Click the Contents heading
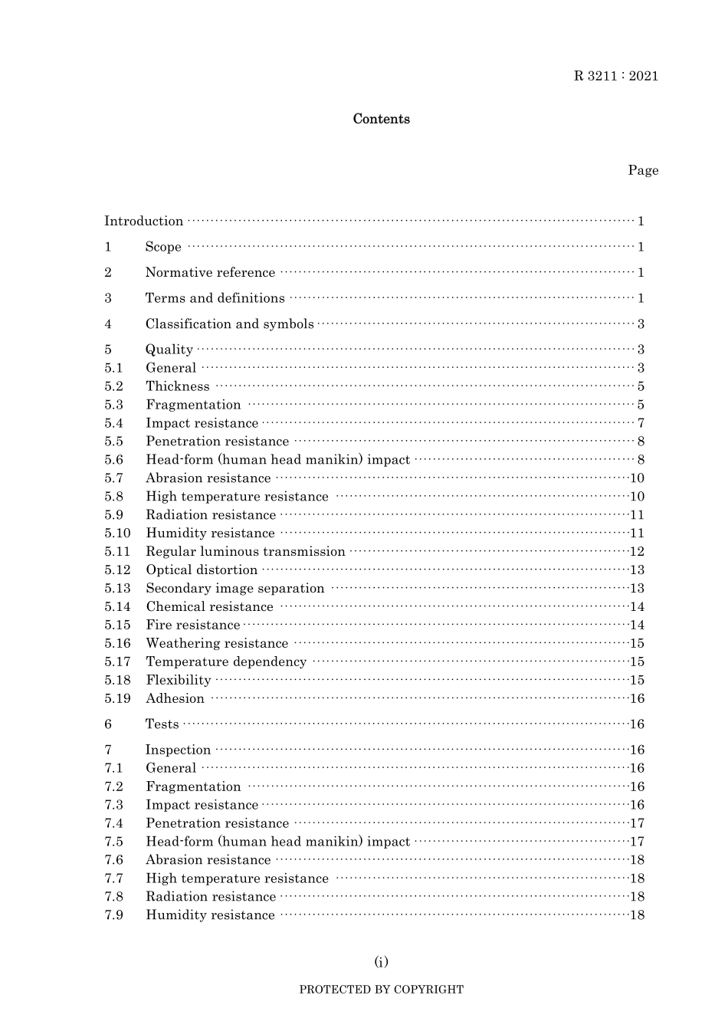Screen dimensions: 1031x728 [x=381, y=119]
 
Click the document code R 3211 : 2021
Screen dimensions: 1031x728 [x=616, y=76]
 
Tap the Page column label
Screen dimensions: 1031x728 [x=643, y=170]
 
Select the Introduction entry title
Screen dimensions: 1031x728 [x=144, y=222]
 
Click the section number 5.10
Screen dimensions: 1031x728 [x=118, y=534]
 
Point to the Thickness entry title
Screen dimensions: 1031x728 [x=178, y=386]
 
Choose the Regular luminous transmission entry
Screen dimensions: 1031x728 [x=245, y=552]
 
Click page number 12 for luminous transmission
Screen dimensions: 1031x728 [x=637, y=552]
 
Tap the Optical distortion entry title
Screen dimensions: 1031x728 [x=202, y=570]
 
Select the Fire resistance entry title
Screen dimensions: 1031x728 [x=193, y=625]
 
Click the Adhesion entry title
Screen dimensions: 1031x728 [x=175, y=699]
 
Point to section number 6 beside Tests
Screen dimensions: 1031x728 [x=108, y=724]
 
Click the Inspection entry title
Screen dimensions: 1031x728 [x=178, y=750]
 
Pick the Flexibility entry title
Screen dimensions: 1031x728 [x=179, y=681]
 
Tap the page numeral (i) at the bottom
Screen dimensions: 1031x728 [x=381, y=962]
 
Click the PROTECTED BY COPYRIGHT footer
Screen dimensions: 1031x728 [x=381, y=990]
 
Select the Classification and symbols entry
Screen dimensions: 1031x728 [x=230, y=324]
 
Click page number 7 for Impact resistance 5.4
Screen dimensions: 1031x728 [x=641, y=423]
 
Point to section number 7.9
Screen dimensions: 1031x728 [x=114, y=915]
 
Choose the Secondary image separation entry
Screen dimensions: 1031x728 [x=235, y=589]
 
